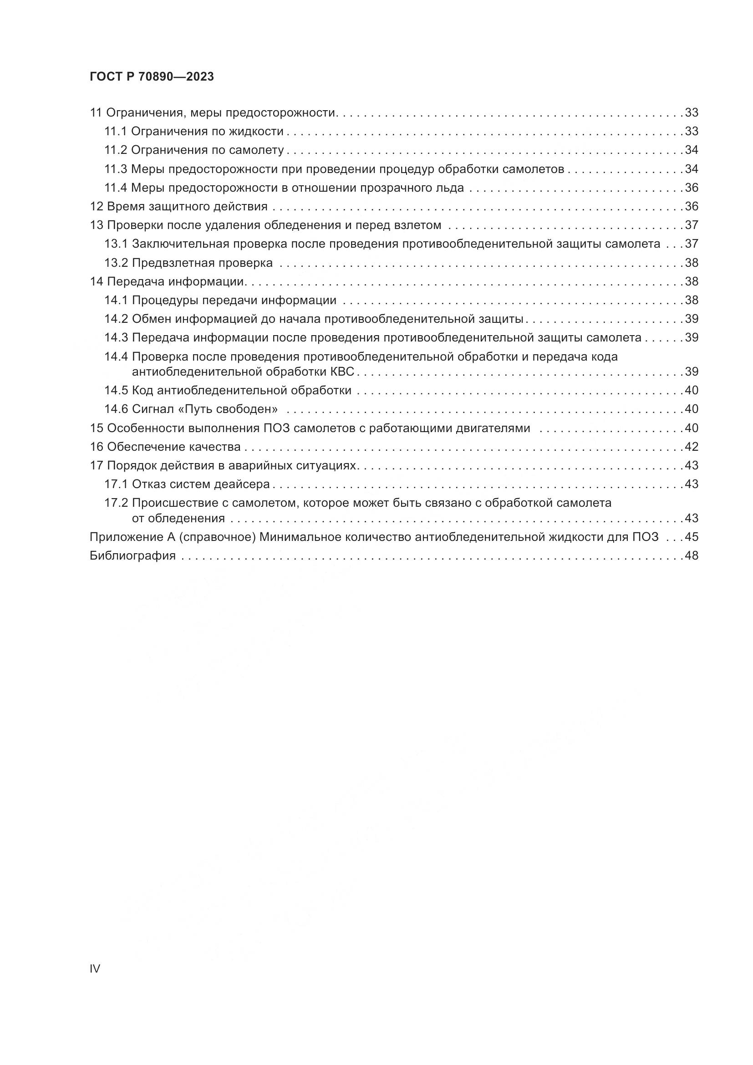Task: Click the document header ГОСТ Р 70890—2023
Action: [x=152, y=77]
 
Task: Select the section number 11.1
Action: [x=116, y=132]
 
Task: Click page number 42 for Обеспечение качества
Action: [x=692, y=447]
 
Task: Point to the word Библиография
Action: [x=132, y=555]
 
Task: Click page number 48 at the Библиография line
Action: [x=692, y=555]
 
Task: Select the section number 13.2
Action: [x=116, y=263]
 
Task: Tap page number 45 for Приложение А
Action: [x=692, y=537]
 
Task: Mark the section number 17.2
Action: [x=116, y=503]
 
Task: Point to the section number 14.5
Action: [x=116, y=391]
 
